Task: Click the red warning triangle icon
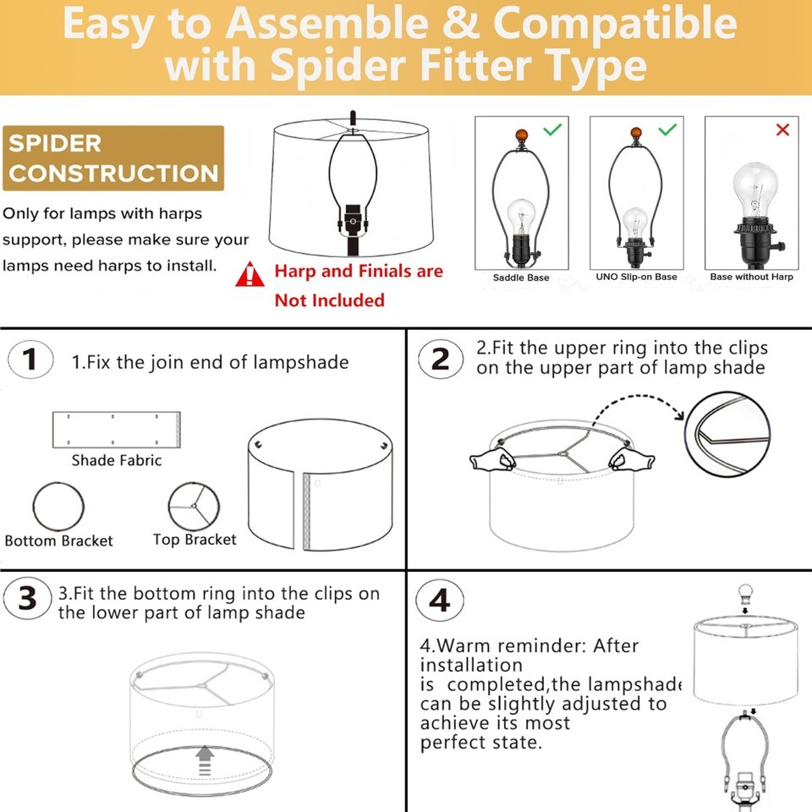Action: tap(250, 274)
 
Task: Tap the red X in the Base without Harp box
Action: tap(782, 129)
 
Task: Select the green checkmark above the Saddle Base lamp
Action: tap(552, 129)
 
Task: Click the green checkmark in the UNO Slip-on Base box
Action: tap(667, 129)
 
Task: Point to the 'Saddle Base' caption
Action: tap(521, 277)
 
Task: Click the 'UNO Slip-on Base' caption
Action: tap(636, 277)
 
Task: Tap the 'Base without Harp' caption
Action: tap(751, 277)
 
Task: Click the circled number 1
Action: tap(30, 359)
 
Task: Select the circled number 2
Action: tap(441, 359)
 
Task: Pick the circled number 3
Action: tap(27, 599)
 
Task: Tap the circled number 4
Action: tap(440, 601)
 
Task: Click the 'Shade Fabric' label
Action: tap(117, 460)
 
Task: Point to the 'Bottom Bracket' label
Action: tap(58, 540)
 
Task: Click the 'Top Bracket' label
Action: tap(195, 540)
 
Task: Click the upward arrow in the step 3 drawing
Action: tap(205, 760)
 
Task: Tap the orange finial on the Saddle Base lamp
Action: tap(521, 137)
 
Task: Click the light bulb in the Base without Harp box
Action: tap(755, 190)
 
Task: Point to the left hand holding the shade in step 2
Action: tap(492, 460)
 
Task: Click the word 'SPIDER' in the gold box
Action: tap(55, 144)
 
